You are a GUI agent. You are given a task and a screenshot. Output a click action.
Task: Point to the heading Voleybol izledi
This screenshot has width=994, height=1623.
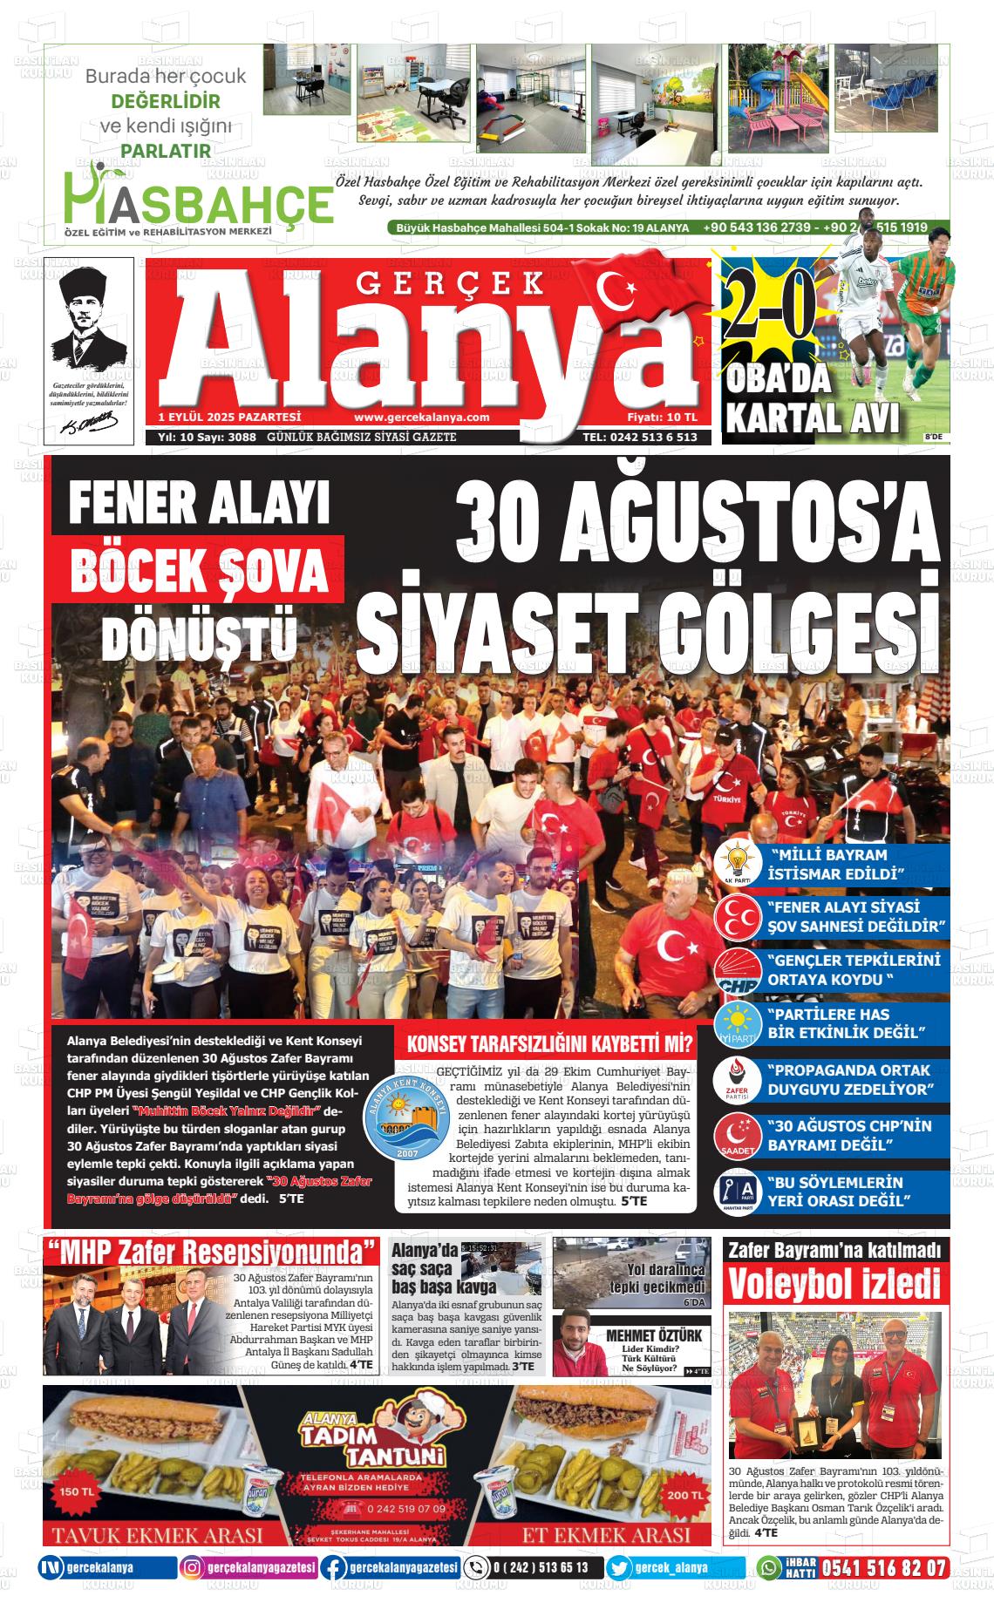coord(834,1285)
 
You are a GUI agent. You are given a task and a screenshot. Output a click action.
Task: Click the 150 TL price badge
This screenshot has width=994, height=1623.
coord(78,1491)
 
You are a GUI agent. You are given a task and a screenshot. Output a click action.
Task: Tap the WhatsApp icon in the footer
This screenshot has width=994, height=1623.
coord(768,1568)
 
